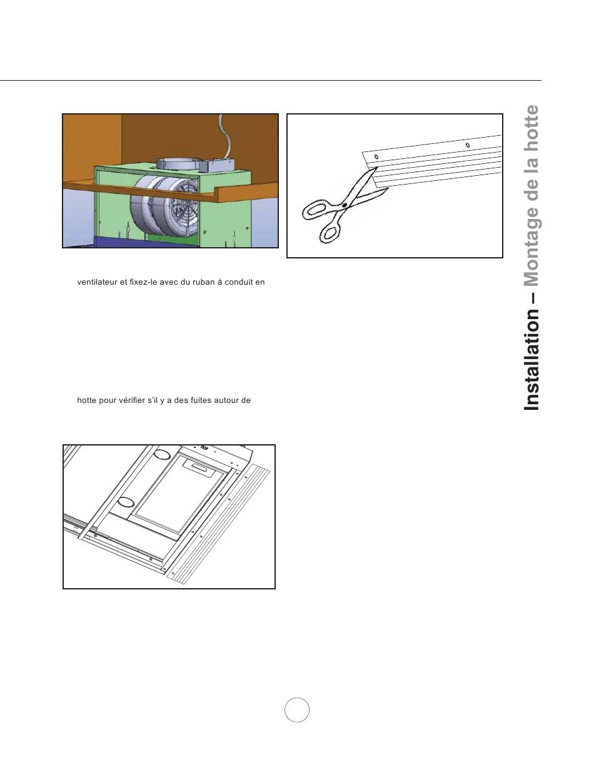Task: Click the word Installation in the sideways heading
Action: (531, 360)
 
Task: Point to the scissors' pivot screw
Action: (343, 205)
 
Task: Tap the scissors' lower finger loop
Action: (330, 233)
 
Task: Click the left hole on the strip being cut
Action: (376, 156)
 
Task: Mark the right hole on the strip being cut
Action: (468, 145)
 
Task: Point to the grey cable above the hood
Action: (223, 136)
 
